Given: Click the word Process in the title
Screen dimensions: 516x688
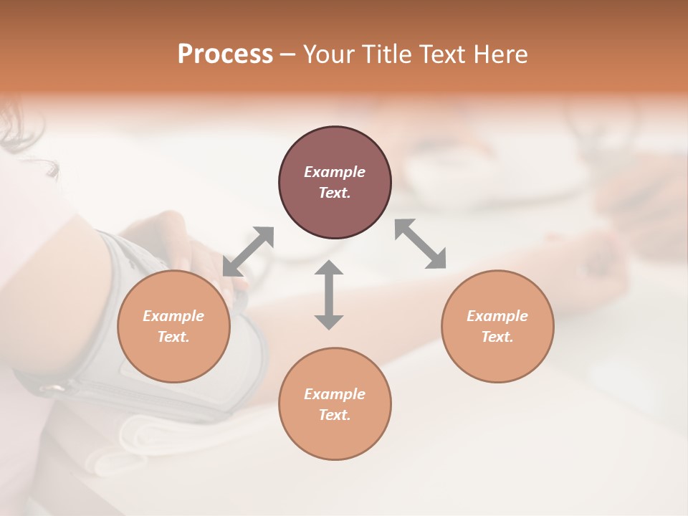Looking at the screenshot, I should coord(225,54).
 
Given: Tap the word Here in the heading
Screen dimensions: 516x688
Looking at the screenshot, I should coord(500,54).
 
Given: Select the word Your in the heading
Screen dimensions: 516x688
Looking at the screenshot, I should coord(329,54).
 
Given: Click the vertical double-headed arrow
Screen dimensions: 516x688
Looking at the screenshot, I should coord(329,295).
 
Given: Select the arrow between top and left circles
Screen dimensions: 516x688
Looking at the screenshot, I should coord(248,252).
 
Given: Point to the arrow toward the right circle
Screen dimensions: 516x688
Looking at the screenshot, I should coord(420,244).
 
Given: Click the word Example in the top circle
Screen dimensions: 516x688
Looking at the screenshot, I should coord(335,172).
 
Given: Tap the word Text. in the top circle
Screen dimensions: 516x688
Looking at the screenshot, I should coord(335,193).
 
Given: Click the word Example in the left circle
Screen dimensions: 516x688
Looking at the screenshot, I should coord(173,316).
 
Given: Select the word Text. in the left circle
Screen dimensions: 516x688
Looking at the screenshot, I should coord(173,337).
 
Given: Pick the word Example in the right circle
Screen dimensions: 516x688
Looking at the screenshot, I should coord(497,316).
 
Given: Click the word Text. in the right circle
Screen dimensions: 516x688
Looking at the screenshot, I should coord(497,337).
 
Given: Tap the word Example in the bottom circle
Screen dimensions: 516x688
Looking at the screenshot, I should coord(335,394).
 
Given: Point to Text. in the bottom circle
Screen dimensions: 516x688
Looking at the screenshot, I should coord(335,415).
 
